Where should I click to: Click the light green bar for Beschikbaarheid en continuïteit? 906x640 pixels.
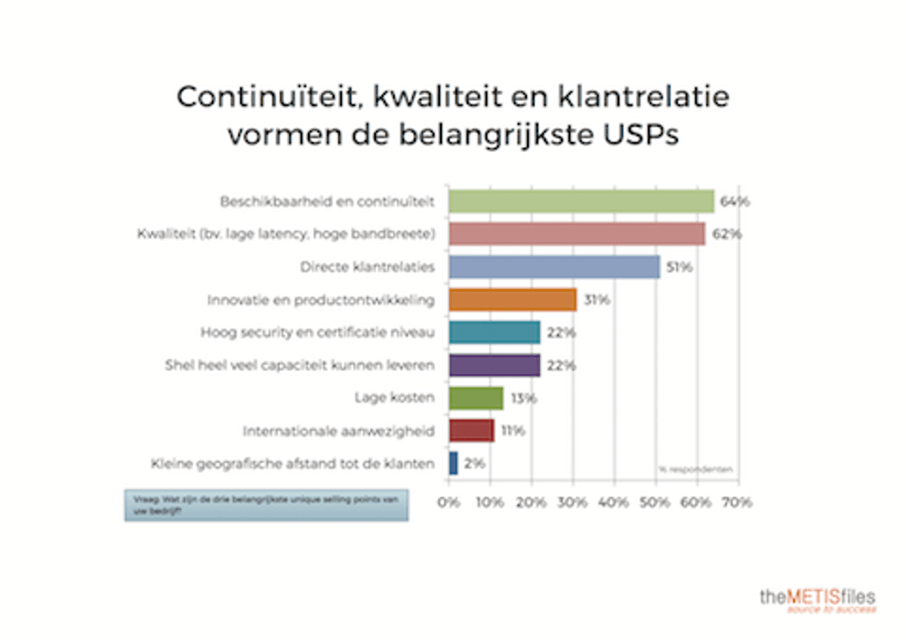click(581, 202)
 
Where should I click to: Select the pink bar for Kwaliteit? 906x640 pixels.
click(577, 234)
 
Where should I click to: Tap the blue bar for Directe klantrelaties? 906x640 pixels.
click(554, 267)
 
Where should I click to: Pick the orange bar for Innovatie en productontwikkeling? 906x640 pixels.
click(513, 300)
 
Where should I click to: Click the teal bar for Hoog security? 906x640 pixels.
click(495, 332)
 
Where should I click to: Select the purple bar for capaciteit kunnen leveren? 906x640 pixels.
click(495, 365)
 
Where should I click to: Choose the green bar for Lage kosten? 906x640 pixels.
click(476, 397)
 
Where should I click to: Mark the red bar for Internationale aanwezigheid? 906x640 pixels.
click(472, 431)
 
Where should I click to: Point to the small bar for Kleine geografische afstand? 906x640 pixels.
click(453, 463)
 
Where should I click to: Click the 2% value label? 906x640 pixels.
click(475, 463)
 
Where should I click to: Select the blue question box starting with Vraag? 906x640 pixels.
click(266, 506)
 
